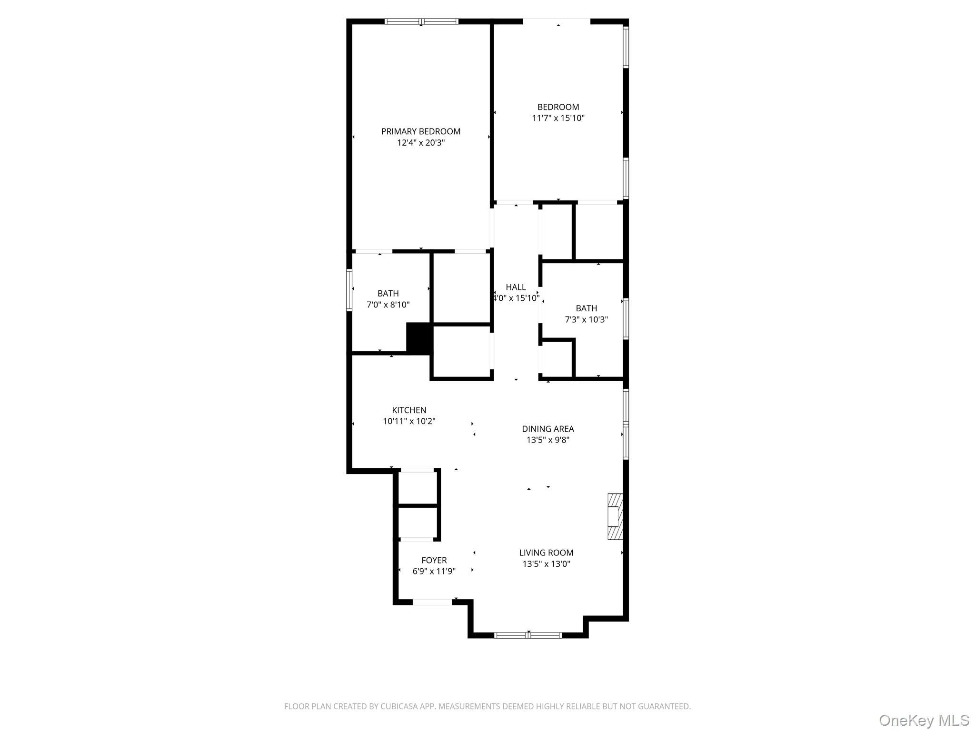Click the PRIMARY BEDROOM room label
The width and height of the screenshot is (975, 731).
(421, 131)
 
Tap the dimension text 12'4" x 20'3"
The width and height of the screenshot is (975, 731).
(421, 143)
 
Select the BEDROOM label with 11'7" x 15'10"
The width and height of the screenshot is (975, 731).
(558, 107)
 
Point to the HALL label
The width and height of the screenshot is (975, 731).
(516, 287)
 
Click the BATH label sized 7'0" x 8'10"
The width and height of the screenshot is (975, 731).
(388, 294)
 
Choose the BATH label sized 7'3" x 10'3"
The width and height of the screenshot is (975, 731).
(586, 308)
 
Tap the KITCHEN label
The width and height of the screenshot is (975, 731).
(409, 410)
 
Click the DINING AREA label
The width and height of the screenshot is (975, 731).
(547, 429)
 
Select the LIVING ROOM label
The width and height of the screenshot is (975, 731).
(546, 553)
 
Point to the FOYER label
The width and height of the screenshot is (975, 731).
(434, 560)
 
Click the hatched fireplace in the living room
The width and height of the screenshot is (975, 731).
(615, 516)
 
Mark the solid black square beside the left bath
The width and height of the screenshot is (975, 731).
(419, 338)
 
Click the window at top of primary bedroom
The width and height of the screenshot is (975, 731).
(421, 21)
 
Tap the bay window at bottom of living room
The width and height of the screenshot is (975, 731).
(528, 635)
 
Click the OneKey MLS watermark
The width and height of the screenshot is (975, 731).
(924, 720)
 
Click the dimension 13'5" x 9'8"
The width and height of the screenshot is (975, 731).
(547, 440)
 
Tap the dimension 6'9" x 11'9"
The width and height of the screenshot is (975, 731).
(434, 572)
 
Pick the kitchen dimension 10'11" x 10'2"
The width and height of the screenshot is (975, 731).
(409, 421)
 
